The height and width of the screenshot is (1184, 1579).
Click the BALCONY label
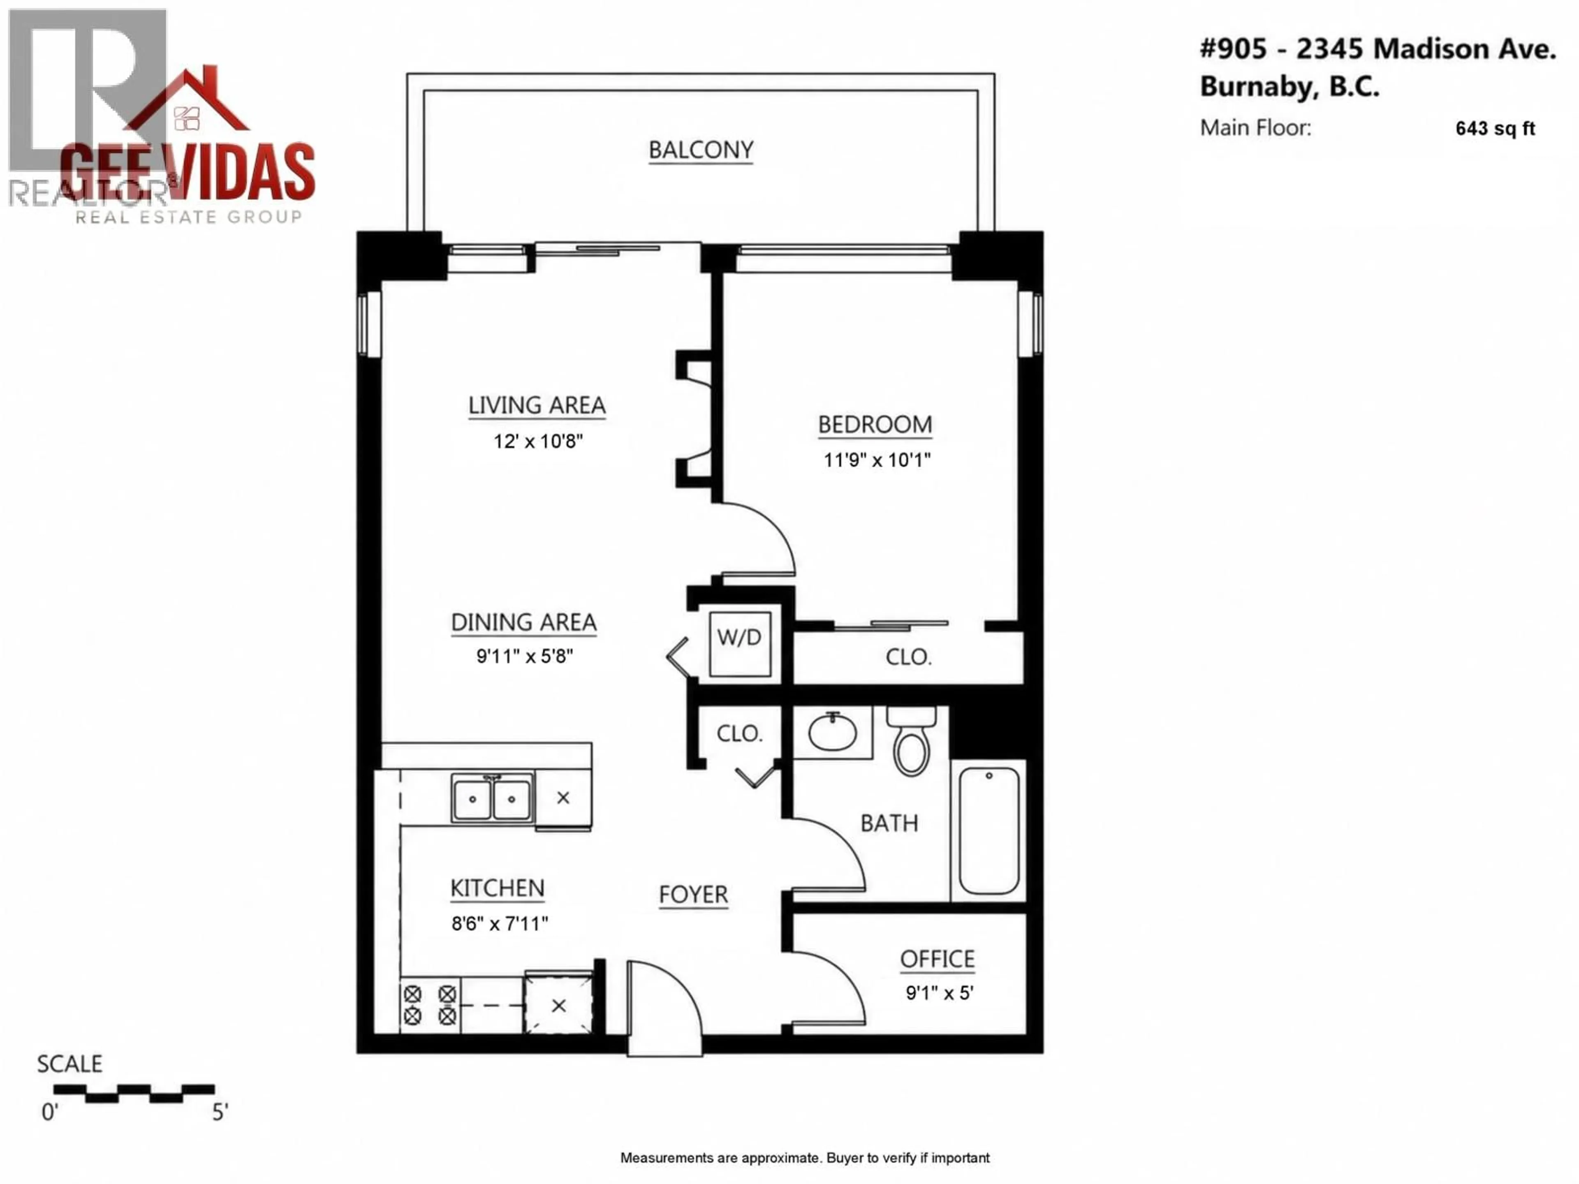point(700,150)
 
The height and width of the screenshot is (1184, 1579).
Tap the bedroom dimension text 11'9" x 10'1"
point(877,460)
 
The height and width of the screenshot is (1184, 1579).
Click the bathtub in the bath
point(989,830)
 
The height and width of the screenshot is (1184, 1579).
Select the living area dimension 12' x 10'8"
point(537,442)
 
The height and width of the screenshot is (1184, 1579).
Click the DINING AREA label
point(523,622)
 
